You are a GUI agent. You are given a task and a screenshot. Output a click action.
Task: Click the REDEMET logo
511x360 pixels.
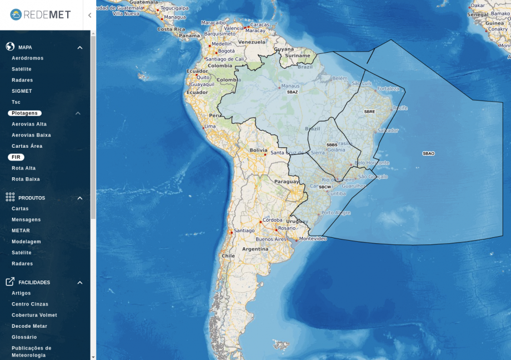point(40,14)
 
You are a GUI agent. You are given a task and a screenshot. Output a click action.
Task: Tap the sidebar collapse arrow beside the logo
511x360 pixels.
point(89,15)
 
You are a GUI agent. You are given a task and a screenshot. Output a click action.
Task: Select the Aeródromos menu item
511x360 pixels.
point(27,58)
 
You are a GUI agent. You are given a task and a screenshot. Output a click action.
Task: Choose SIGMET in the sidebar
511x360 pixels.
point(22,91)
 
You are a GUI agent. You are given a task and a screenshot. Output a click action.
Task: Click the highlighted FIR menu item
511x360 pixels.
point(16,157)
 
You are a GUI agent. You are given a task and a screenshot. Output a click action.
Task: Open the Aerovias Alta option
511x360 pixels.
point(29,124)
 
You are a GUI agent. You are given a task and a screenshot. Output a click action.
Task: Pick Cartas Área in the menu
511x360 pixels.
point(27,146)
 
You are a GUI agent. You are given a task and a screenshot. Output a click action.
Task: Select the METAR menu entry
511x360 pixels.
point(21,231)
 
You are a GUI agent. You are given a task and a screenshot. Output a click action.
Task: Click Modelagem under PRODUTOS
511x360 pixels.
point(26,242)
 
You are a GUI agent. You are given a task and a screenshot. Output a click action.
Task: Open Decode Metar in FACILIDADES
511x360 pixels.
point(29,326)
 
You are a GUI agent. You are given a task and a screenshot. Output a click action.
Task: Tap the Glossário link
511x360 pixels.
point(24,337)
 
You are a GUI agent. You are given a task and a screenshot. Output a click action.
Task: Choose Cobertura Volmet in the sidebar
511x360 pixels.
point(34,315)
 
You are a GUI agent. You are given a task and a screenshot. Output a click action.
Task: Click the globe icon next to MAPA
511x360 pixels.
point(10,47)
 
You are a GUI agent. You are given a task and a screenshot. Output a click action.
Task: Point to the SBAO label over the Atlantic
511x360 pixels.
point(428,153)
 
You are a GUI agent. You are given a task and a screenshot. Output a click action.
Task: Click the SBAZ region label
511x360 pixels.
point(292,92)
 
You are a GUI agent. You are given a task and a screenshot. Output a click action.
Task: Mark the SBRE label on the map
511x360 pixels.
point(369,112)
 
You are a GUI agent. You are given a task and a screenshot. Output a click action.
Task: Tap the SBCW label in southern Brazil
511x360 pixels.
point(325,187)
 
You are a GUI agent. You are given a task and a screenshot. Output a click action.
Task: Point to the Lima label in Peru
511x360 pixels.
point(210,126)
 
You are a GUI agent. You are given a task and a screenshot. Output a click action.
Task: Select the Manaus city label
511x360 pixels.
point(290,86)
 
